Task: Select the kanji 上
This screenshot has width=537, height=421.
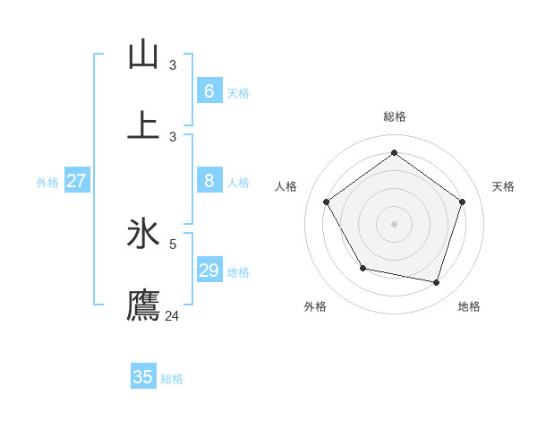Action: click(143, 124)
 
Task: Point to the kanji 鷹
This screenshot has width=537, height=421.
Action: click(143, 305)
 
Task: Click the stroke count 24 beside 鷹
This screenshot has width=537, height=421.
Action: click(173, 315)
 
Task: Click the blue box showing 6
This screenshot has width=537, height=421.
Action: click(209, 90)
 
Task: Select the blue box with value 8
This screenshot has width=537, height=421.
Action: click(209, 181)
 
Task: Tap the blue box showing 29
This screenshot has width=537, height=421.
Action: click(209, 271)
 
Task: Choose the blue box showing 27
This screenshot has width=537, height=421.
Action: click(76, 181)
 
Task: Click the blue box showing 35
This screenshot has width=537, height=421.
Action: click(143, 377)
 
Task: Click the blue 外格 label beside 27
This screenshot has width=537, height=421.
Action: click(47, 183)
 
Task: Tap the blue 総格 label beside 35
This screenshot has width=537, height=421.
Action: click(172, 379)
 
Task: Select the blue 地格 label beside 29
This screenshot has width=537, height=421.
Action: click(238, 272)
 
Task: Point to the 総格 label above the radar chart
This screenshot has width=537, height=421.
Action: click(395, 116)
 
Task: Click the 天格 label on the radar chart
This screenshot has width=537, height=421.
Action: click(503, 186)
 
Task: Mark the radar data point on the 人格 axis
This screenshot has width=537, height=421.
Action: click(327, 202)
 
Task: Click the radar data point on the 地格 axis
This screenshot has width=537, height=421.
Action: click(437, 283)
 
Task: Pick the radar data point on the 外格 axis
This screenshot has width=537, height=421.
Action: click(362, 269)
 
